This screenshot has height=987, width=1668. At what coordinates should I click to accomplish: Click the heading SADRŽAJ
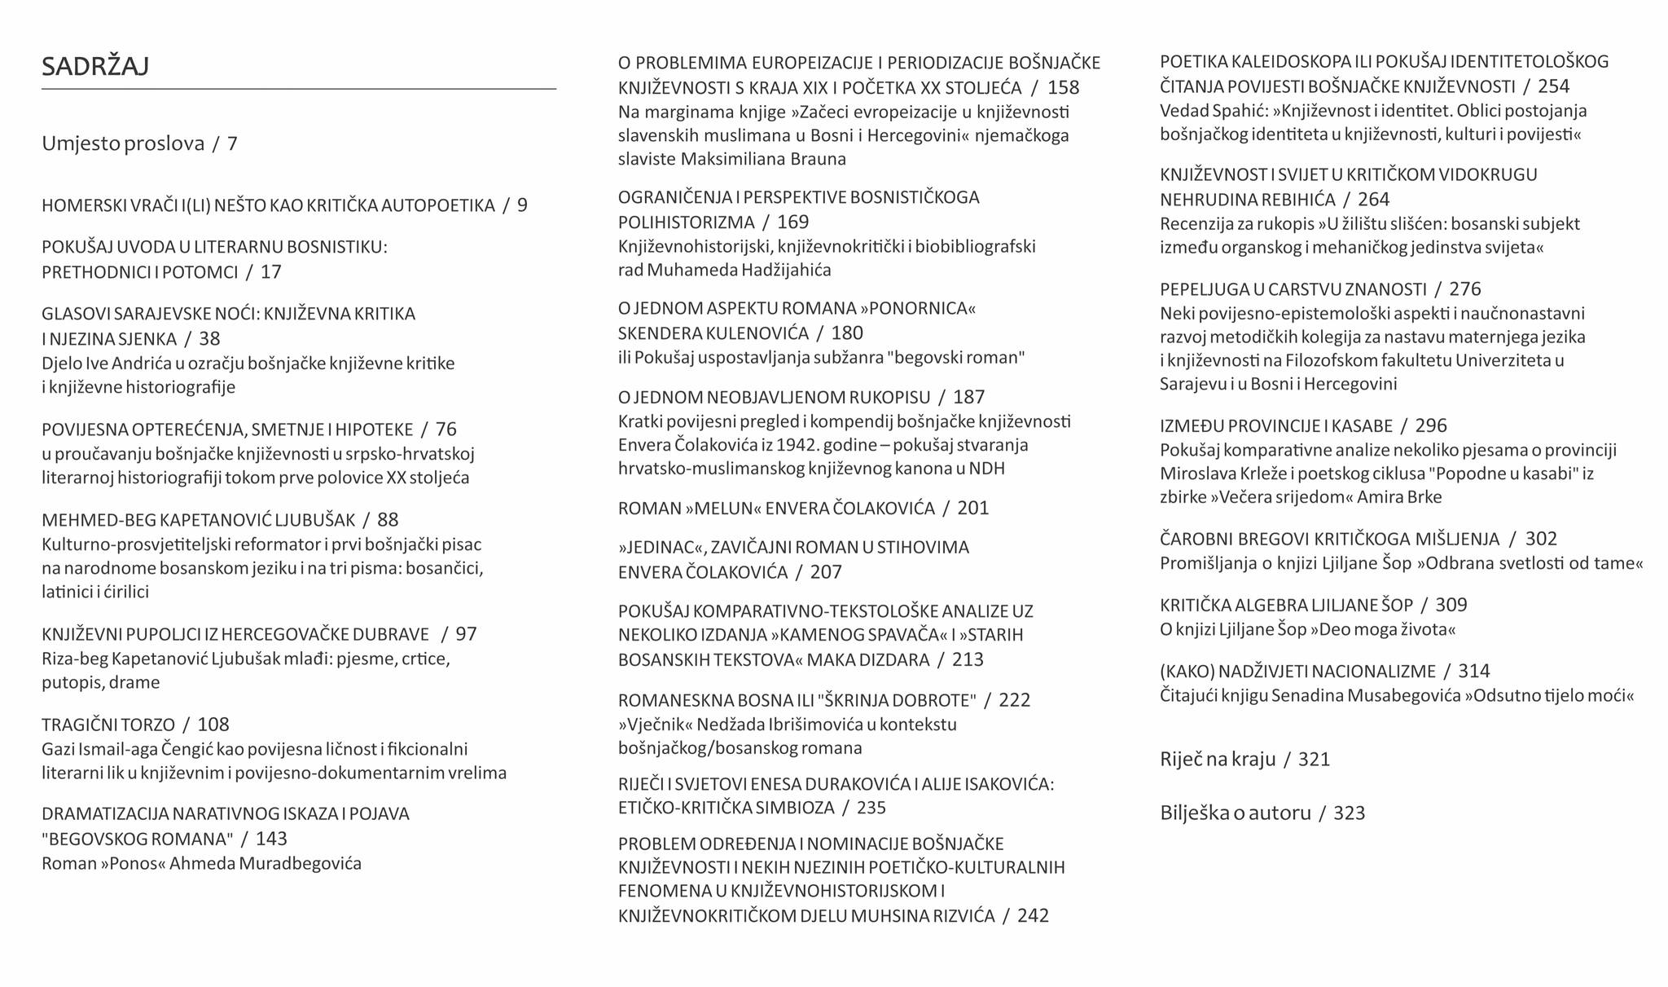click(x=95, y=66)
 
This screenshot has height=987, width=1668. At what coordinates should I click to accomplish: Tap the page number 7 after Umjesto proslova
click(x=232, y=144)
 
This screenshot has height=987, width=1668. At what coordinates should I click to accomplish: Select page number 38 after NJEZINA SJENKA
click(x=209, y=339)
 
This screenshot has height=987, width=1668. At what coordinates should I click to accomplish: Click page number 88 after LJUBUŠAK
click(x=388, y=520)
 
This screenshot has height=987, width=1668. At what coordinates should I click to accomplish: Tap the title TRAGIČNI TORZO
click(x=108, y=725)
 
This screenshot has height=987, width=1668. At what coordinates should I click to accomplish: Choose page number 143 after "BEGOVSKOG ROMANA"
click(x=271, y=839)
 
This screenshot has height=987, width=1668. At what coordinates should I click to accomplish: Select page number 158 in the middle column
click(x=1063, y=88)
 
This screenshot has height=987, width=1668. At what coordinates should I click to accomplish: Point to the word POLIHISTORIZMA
click(x=687, y=222)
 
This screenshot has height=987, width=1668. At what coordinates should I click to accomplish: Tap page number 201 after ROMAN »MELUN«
click(x=973, y=509)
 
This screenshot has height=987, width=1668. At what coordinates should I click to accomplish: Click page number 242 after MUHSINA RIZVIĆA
click(x=1033, y=916)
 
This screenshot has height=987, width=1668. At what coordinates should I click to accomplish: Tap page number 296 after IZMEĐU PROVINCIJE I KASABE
click(x=1431, y=426)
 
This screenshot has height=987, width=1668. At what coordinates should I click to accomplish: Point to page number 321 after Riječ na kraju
click(x=1314, y=760)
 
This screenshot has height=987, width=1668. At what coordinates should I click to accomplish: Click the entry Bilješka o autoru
click(x=1236, y=813)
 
